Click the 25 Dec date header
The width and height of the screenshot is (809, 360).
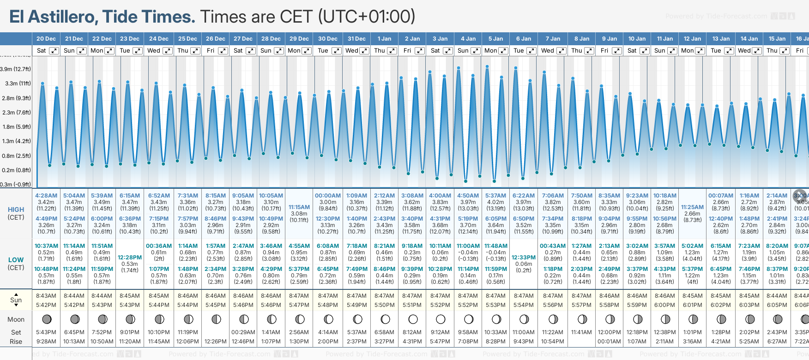(x=187, y=39)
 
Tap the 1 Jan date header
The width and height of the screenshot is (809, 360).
(x=384, y=39)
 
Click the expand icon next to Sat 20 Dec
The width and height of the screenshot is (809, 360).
(x=54, y=51)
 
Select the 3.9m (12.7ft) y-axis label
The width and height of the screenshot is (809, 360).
(x=16, y=69)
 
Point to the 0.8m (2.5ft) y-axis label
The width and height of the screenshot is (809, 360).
(x=16, y=156)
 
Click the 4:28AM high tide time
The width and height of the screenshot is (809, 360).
(x=46, y=196)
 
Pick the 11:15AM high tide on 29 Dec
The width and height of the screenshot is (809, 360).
(x=299, y=207)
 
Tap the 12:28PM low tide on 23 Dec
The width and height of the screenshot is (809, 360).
(x=130, y=258)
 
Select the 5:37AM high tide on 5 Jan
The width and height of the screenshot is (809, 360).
(x=495, y=196)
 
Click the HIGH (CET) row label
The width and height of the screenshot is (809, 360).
(x=16, y=213)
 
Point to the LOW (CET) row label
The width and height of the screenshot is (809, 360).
(x=16, y=264)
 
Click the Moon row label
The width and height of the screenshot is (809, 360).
(x=16, y=319)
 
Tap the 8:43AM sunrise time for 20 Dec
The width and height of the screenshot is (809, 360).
(x=46, y=296)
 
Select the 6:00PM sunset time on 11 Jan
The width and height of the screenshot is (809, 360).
(x=664, y=305)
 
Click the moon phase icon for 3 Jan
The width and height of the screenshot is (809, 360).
(x=441, y=319)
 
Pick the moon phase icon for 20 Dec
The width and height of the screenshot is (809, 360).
(x=47, y=319)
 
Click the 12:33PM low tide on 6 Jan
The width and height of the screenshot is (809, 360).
(x=524, y=258)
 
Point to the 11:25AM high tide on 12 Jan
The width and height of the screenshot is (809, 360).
(x=692, y=207)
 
